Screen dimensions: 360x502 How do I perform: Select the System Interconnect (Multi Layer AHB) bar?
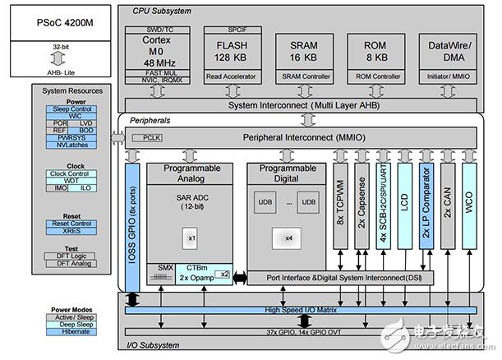305,106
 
